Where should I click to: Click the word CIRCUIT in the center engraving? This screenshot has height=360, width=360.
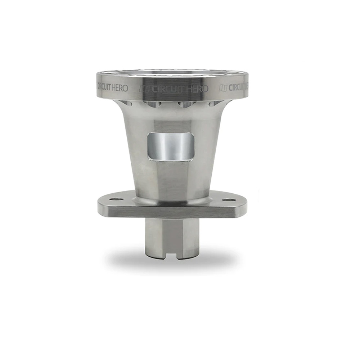(167, 89)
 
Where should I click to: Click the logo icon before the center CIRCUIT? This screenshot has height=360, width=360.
(145, 89)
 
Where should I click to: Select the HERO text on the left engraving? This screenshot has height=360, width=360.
(120, 88)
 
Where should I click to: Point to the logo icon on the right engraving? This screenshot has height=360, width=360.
(223, 88)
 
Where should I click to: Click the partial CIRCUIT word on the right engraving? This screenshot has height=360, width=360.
(238, 87)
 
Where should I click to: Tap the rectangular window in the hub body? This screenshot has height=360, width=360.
(170, 146)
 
